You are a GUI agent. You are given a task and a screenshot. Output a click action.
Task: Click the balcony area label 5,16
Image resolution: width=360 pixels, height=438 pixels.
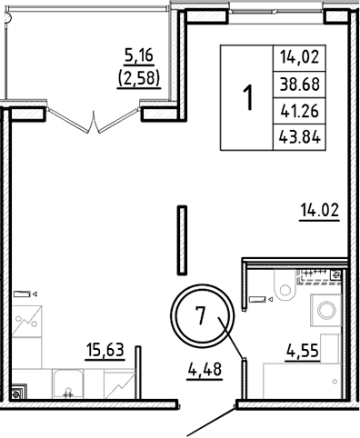coord(139,61)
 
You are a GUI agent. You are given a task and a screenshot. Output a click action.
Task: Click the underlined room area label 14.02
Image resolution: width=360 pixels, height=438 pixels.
coord(319,214)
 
